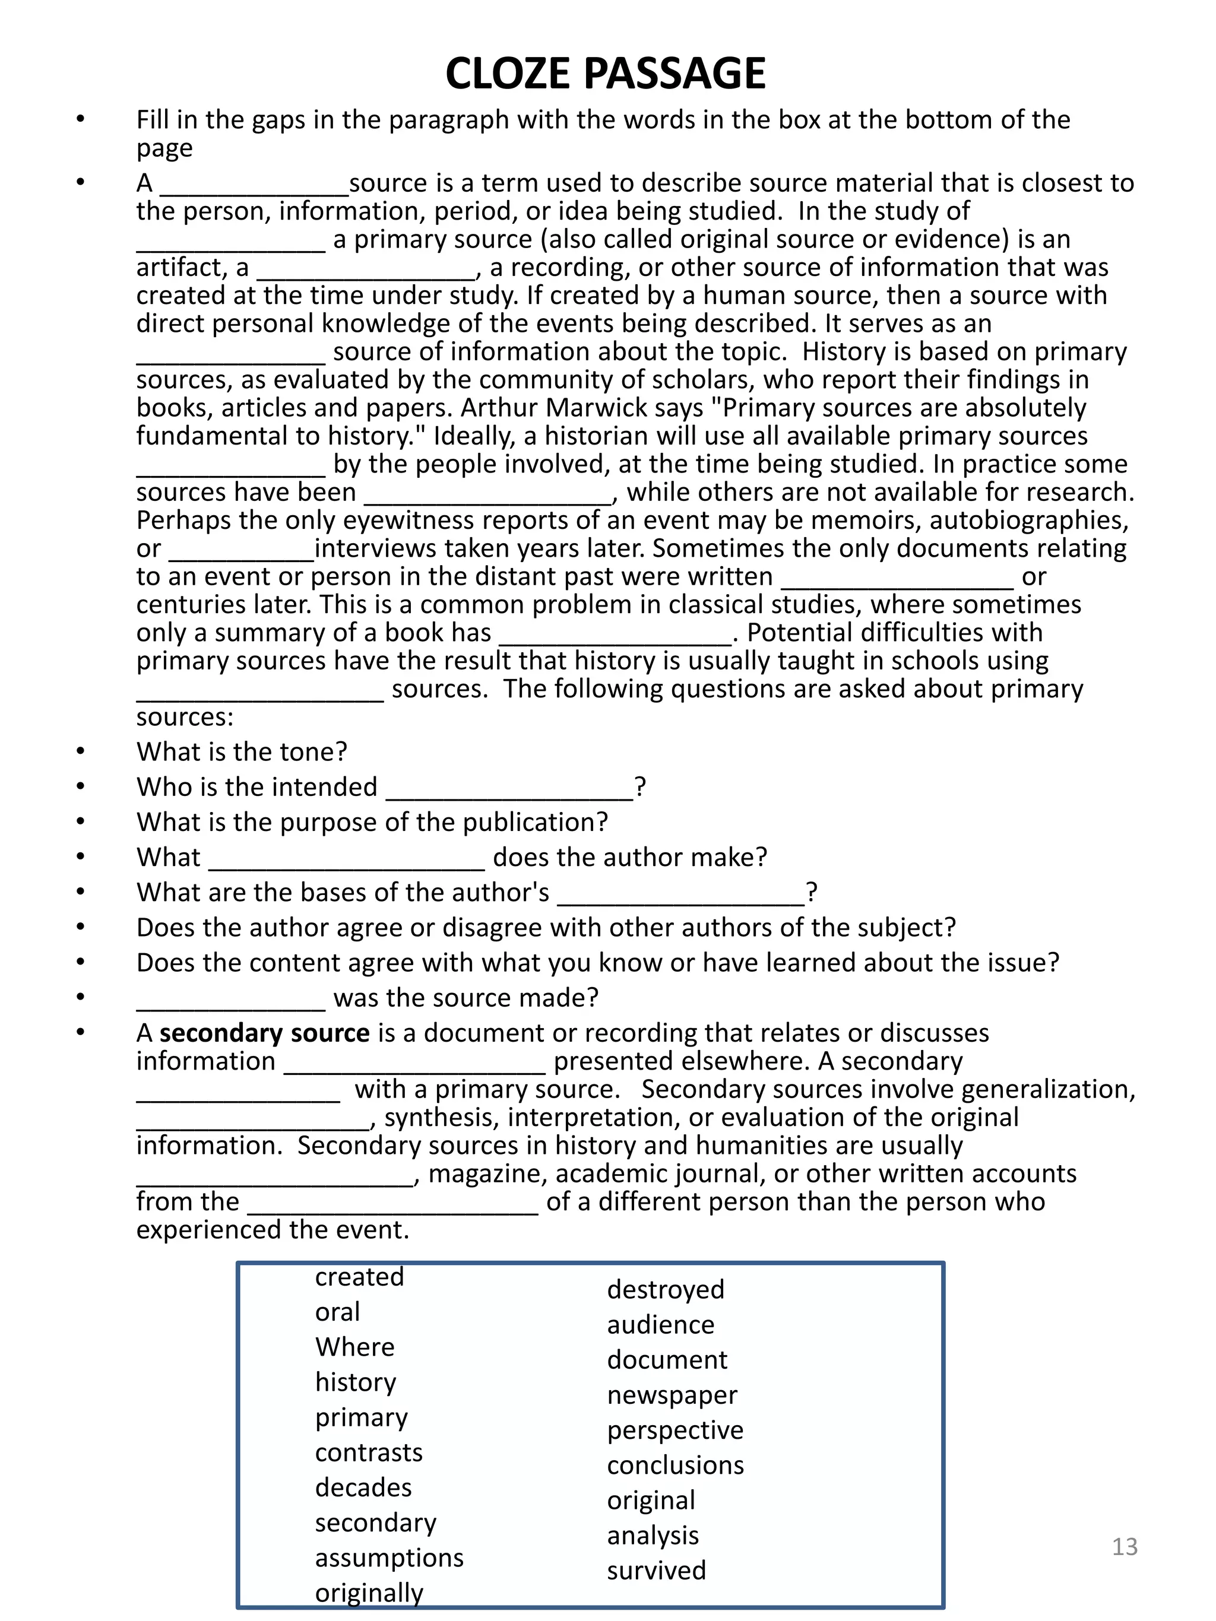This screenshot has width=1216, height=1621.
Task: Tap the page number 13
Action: point(1125,1546)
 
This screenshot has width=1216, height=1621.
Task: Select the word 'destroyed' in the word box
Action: point(666,1289)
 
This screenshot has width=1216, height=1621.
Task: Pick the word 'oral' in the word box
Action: point(337,1312)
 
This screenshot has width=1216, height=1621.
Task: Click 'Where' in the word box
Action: point(354,1347)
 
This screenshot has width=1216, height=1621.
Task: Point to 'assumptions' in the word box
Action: point(389,1557)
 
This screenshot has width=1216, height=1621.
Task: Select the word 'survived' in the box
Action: point(657,1571)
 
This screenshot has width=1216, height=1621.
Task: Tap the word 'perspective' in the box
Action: point(675,1430)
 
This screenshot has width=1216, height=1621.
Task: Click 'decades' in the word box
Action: point(363,1487)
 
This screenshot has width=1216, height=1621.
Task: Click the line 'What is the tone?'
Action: point(242,752)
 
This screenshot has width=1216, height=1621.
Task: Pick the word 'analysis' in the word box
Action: point(653,1536)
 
